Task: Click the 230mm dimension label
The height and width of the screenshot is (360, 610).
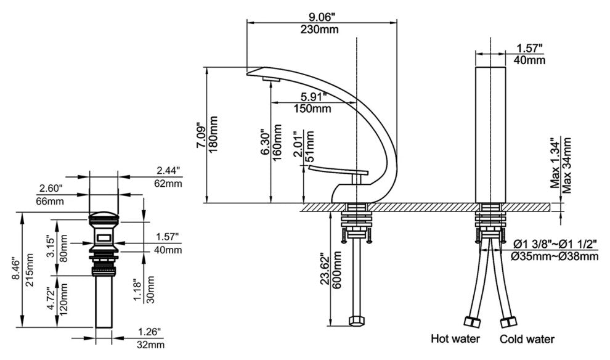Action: pos(320,30)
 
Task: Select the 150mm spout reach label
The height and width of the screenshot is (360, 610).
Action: pos(312,109)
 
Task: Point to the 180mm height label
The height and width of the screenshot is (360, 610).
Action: pos(214,134)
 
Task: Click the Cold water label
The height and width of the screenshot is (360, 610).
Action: pos(527,339)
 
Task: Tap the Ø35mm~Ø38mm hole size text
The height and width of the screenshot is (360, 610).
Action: pos(553,255)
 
